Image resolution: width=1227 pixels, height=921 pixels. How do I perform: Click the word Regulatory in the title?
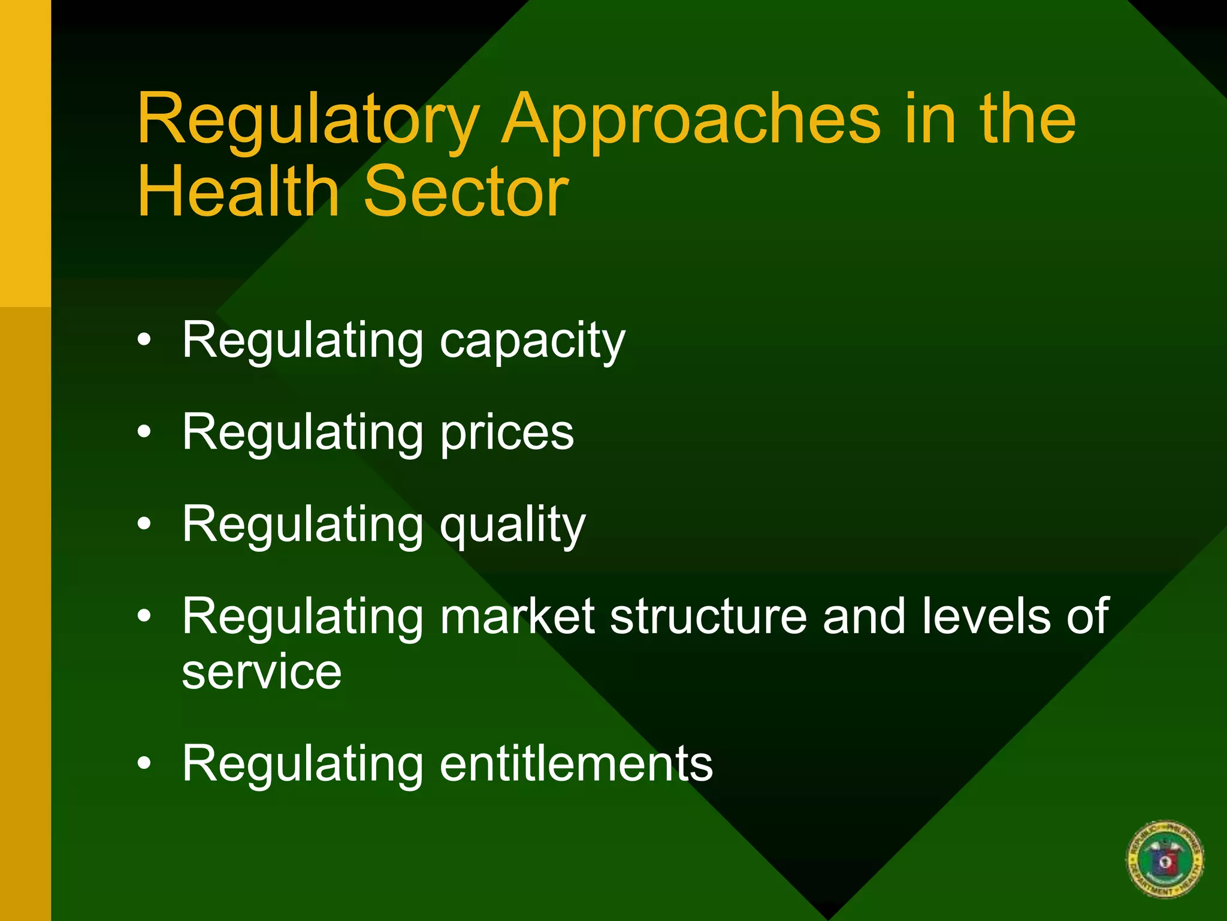[x=308, y=120]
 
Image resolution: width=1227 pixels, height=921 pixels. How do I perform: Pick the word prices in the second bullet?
[x=507, y=434]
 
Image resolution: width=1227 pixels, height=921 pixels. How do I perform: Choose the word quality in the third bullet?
[x=513, y=526]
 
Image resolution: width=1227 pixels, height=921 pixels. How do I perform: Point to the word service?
[x=262, y=673]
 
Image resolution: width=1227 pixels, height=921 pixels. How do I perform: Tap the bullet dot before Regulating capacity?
[x=144, y=341]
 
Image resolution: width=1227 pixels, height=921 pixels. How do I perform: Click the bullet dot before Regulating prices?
[x=144, y=432]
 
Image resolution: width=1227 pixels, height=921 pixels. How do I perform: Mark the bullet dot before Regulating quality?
[x=144, y=525]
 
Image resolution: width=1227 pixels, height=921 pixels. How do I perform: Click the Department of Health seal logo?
[x=1165, y=859]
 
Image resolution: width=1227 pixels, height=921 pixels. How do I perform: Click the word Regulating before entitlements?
[x=303, y=765]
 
